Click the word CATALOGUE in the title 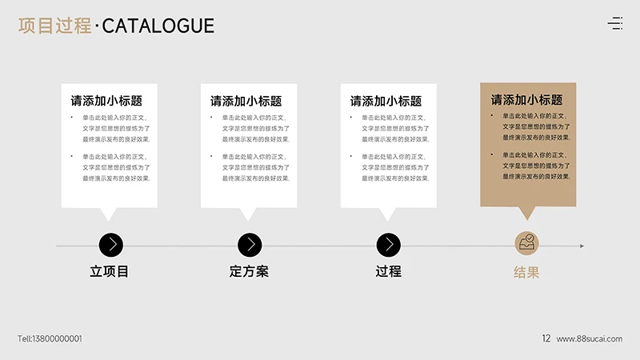pos(158,26)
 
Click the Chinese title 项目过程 pos(54,26)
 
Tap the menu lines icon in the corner pos(615,23)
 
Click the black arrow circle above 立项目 pos(110,245)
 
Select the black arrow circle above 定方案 pos(250,245)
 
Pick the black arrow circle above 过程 pos(389,245)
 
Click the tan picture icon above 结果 pos(526,243)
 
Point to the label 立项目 pos(110,271)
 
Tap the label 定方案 pos(249,271)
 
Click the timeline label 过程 pos(388,271)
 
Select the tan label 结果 pos(526,272)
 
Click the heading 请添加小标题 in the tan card pos(526,100)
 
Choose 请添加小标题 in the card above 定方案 pos(246,101)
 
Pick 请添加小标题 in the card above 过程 pos(386,101)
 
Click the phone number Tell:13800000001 pos(50,338)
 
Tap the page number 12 pos(546,338)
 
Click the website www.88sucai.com pos(590,338)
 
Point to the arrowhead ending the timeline pos(582,246)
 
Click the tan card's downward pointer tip pos(526,218)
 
